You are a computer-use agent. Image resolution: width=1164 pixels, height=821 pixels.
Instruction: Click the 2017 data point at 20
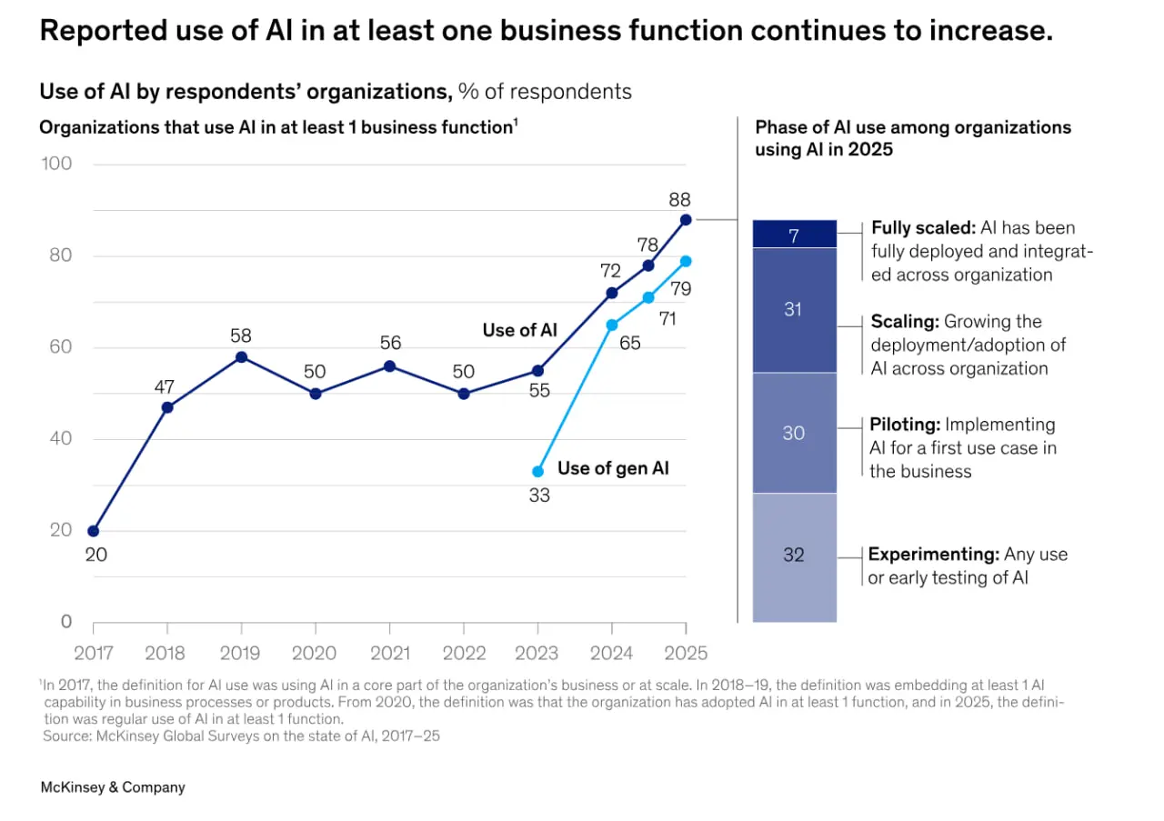94,531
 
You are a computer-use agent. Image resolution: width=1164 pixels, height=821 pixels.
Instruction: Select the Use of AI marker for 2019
241,357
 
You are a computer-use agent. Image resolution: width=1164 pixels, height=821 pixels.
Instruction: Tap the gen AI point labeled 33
537,471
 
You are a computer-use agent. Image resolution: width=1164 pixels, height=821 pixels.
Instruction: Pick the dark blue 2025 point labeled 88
686,220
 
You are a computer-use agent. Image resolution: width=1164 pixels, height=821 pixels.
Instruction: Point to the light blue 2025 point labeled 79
686,261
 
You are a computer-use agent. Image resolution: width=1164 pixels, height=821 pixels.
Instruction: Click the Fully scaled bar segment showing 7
795,234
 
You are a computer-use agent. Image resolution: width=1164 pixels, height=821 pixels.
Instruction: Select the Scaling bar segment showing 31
795,310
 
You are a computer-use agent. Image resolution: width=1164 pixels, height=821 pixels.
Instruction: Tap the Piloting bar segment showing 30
795,433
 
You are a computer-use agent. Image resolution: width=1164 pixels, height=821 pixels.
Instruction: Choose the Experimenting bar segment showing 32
795,557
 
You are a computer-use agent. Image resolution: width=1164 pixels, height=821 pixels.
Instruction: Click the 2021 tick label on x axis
390,653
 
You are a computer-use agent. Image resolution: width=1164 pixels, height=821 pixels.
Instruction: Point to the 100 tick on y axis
56,164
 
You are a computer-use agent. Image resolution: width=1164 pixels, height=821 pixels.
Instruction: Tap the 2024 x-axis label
612,653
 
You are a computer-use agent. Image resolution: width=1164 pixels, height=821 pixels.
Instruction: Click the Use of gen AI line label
613,468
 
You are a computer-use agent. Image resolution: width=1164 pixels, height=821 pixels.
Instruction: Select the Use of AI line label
519,330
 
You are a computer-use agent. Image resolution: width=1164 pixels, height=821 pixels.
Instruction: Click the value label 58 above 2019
241,335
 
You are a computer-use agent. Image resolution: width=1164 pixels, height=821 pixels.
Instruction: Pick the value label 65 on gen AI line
630,343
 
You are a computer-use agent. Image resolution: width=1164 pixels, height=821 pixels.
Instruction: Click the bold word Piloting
905,426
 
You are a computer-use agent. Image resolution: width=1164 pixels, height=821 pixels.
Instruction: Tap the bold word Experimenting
934,555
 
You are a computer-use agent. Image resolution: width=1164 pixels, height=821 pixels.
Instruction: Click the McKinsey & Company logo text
113,787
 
